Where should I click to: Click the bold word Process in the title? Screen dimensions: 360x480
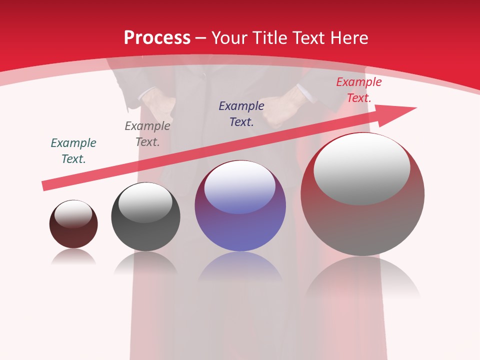(x=157, y=38)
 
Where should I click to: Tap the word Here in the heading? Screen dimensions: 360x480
(x=349, y=38)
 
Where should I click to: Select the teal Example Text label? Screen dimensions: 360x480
(x=73, y=151)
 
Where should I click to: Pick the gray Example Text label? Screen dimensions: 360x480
(x=147, y=134)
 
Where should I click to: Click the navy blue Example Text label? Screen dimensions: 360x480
(x=241, y=114)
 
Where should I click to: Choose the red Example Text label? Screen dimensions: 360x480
(x=358, y=90)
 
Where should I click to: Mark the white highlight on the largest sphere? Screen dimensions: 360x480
(x=361, y=168)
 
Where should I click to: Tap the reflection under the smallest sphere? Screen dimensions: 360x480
(x=73, y=257)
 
